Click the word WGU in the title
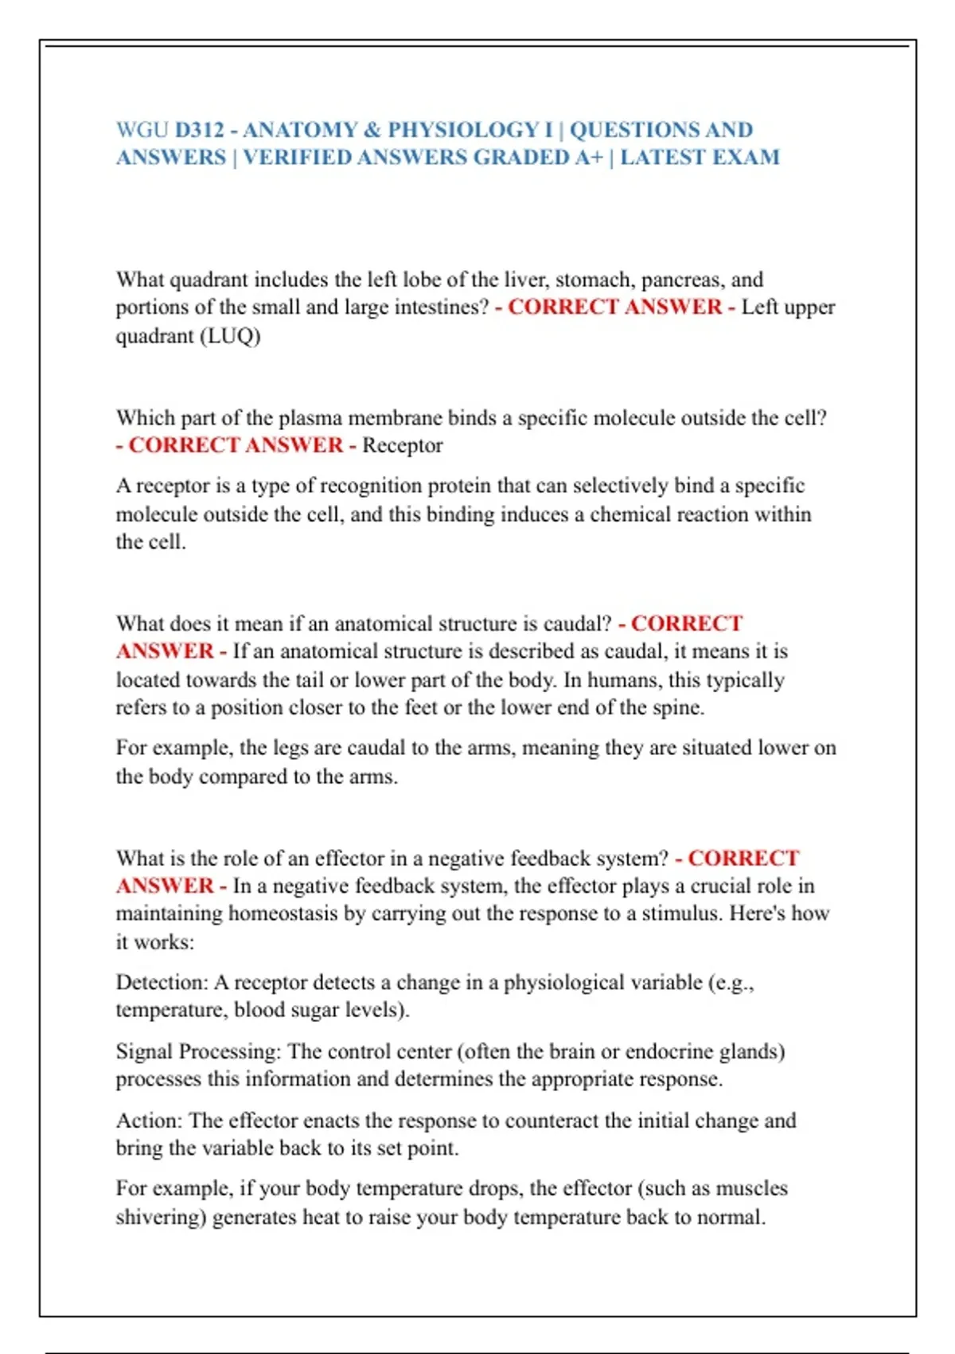click(x=142, y=130)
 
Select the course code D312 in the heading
click(x=199, y=130)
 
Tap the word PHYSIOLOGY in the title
click(x=462, y=130)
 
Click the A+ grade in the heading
click(x=588, y=157)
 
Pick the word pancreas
click(x=683, y=280)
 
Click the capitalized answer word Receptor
click(x=402, y=445)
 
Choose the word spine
click(x=677, y=707)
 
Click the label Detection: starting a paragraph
click(x=162, y=983)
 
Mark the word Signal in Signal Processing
click(x=145, y=1051)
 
